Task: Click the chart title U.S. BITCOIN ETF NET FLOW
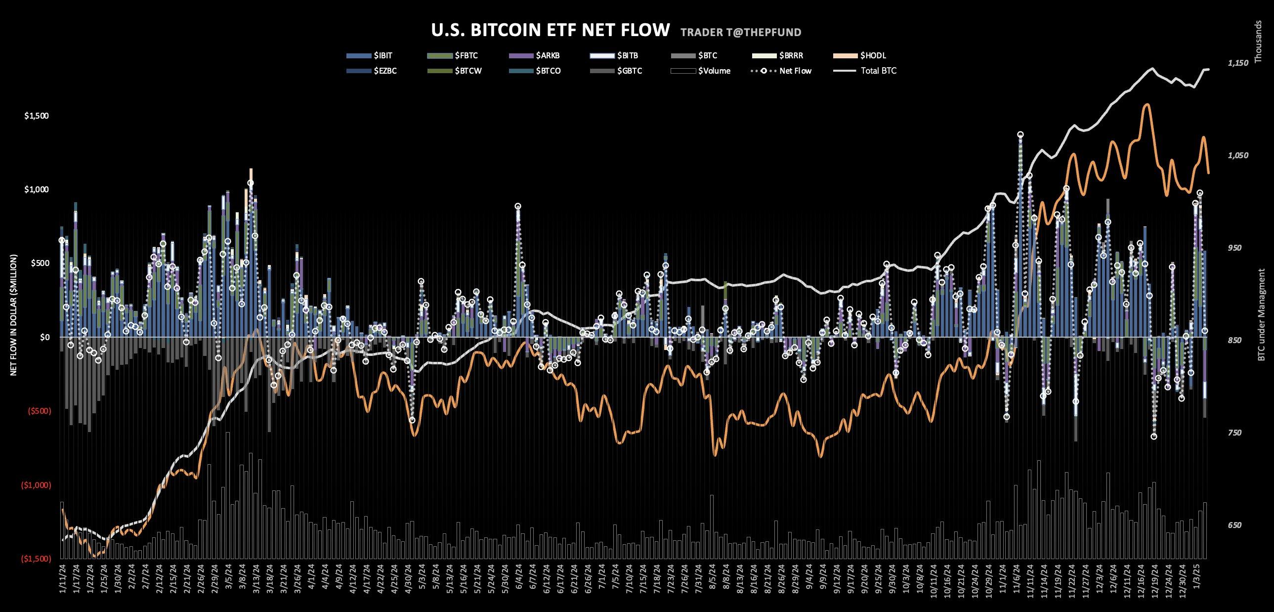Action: click(x=550, y=30)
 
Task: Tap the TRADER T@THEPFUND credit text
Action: click(x=740, y=33)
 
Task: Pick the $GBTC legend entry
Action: click(x=629, y=71)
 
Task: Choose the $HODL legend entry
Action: click(x=873, y=55)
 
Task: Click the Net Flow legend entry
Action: click(x=795, y=71)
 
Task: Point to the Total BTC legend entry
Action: click(x=878, y=71)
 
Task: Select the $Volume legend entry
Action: click(x=714, y=71)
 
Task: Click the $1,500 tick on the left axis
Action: click(x=37, y=116)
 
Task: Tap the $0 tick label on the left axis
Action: click(x=44, y=338)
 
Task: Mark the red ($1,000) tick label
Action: click(x=36, y=485)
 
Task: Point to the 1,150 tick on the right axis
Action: click(x=1238, y=63)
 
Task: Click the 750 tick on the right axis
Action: click(x=1234, y=433)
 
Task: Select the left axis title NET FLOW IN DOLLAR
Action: click(x=13, y=315)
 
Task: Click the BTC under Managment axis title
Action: click(x=1261, y=315)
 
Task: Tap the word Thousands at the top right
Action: click(x=1259, y=42)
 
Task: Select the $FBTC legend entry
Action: click(x=466, y=55)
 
